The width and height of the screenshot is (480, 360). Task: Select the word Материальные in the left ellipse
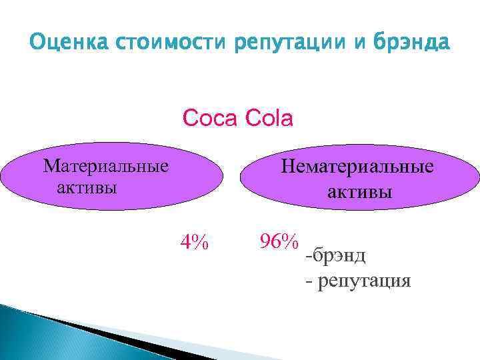pyautogui.click(x=105, y=165)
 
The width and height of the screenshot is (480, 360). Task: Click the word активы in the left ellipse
pyautogui.click(x=87, y=187)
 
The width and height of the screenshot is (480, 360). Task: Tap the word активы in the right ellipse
pyautogui.click(x=359, y=192)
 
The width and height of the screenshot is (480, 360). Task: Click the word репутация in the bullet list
pyautogui.click(x=364, y=281)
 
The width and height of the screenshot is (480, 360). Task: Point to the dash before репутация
pyautogui.click(x=308, y=281)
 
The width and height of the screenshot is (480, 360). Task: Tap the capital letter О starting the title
pyautogui.click(x=37, y=44)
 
